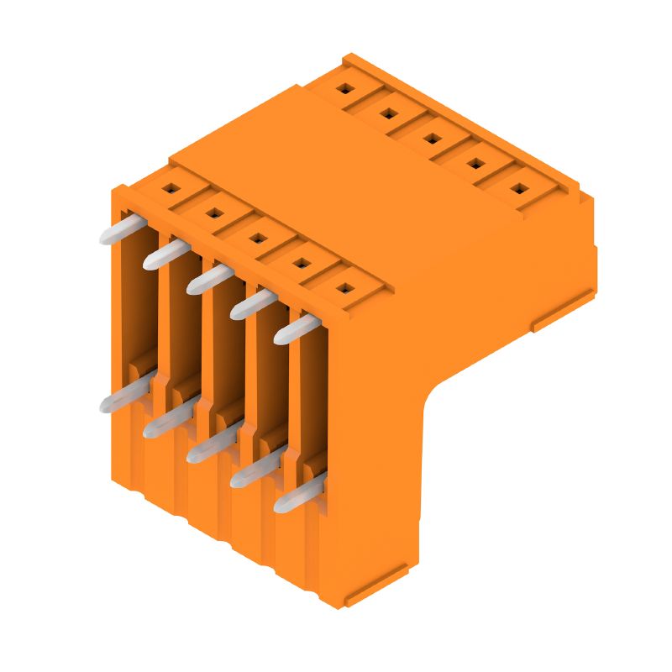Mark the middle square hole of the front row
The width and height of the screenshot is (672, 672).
[x=255, y=239]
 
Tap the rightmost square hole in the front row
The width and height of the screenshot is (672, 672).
[x=343, y=289]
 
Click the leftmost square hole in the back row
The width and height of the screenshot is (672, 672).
[x=344, y=87]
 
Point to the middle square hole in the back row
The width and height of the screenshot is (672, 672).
[x=432, y=138]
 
